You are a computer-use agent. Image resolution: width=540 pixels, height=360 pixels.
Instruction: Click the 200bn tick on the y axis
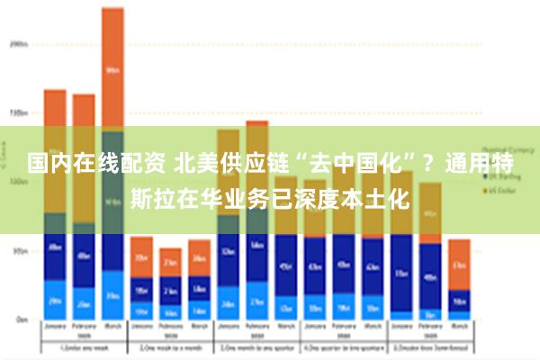tap(18, 42)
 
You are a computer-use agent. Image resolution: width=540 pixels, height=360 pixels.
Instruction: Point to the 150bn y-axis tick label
tap(18, 112)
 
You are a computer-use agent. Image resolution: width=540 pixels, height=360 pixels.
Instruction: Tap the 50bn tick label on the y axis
tap(18, 251)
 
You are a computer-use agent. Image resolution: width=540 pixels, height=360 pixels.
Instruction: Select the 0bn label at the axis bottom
tap(20, 319)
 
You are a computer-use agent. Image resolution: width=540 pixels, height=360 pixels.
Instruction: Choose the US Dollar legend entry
tap(499, 191)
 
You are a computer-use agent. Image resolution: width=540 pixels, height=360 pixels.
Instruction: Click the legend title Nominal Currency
tap(505, 150)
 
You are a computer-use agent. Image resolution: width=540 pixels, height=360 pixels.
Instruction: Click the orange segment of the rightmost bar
tap(459, 264)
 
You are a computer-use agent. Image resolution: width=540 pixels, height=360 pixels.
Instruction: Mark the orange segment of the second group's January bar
tap(141, 256)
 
